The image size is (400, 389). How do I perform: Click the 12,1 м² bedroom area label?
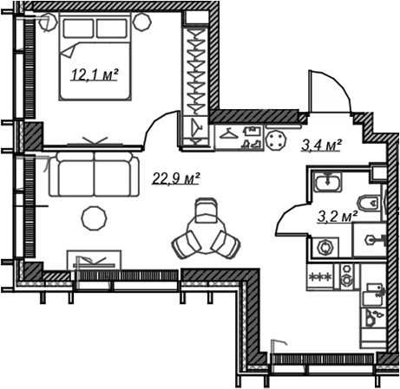point(95,75)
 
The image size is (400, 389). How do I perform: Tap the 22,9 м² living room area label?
point(176,178)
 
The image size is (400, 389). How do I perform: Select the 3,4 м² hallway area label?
point(321,145)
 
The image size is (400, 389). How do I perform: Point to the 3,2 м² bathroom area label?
point(338,216)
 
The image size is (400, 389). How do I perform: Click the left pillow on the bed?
point(78,29)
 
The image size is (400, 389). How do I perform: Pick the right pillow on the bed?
point(112,29)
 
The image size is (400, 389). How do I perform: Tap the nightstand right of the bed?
point(142,22)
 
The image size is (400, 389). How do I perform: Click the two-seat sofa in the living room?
point(94,174)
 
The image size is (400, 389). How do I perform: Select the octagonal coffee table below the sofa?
point(94,218)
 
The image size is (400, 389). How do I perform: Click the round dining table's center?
point(206,234)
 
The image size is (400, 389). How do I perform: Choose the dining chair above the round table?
point(206,210)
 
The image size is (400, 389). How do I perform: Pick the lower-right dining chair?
point(226,244)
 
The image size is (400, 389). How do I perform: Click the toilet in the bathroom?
point(369,203)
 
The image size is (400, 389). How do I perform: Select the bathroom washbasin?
point(328,182)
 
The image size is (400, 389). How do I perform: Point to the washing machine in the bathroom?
point(325,248)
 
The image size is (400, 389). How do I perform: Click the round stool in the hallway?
point(276,140)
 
